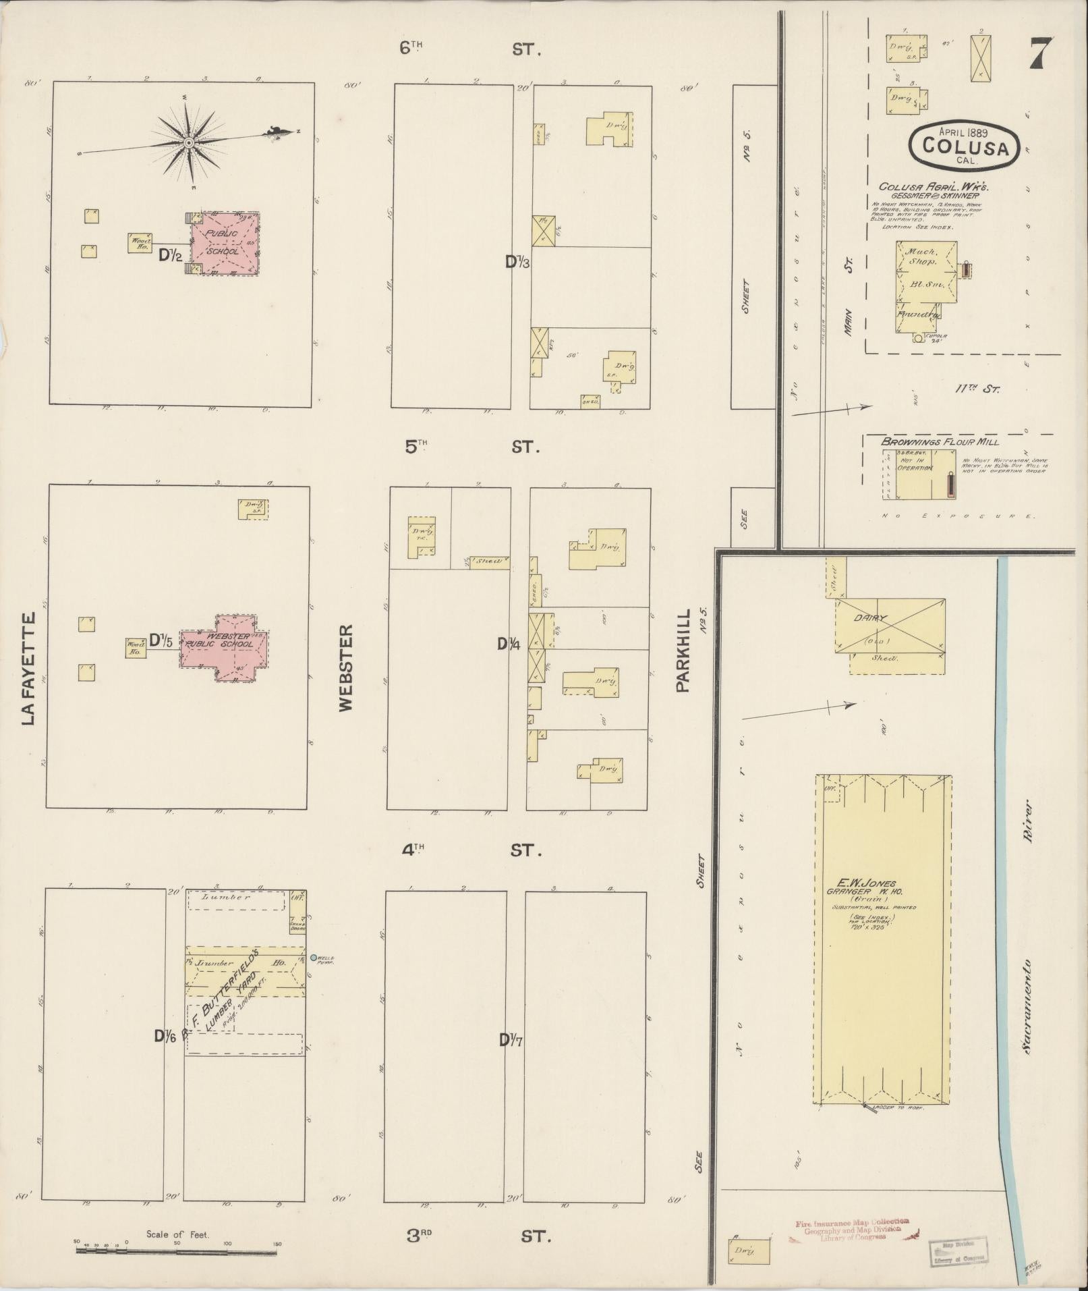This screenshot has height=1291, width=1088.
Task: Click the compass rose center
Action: pos(189,142)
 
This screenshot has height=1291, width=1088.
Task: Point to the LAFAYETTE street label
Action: pos(28,668)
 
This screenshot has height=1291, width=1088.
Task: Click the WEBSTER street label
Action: pos(346,667)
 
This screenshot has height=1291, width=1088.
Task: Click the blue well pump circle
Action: pos(314,958)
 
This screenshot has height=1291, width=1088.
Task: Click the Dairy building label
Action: pos(874,617)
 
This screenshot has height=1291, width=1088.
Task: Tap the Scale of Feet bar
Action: pos(176,1249)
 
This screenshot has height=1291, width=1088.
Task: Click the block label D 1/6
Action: pos(164,1037)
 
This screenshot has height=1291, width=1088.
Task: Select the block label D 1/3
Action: pos(517,263)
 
